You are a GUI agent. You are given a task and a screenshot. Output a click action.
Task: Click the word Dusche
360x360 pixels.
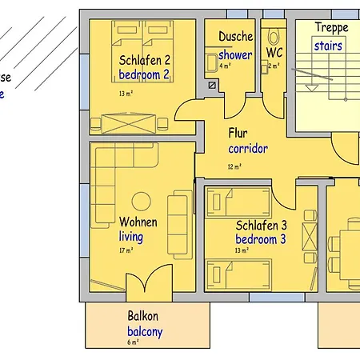235,37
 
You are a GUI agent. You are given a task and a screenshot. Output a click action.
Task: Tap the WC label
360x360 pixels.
274,53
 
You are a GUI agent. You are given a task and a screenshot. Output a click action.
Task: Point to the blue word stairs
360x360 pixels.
327,46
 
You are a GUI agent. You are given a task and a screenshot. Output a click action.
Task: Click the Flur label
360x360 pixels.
238,133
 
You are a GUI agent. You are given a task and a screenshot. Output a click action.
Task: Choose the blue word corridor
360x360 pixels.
247,149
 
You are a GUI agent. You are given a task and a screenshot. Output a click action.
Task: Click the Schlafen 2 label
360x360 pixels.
145,60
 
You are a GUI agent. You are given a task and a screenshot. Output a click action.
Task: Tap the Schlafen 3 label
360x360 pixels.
261,226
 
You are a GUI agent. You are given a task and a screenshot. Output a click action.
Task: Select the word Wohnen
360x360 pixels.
138,222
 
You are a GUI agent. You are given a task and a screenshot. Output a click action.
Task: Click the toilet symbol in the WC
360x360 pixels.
274,35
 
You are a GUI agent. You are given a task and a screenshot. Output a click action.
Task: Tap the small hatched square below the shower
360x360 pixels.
212,85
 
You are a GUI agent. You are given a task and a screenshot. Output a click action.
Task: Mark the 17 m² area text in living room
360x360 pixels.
126,250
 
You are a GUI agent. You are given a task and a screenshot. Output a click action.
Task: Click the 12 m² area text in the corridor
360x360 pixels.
234,166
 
